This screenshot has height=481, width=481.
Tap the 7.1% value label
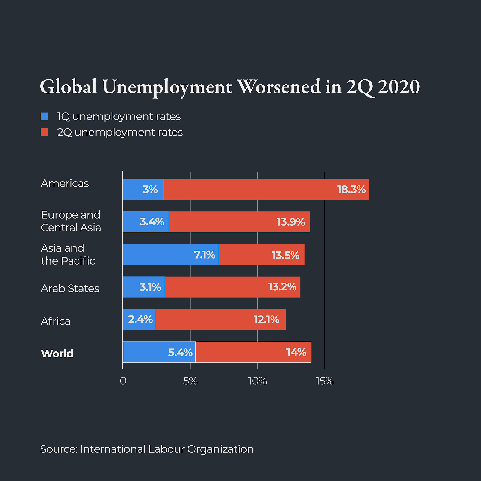coord(204,255)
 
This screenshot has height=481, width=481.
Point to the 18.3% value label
coord(351,190)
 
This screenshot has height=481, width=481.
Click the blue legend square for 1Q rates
coord(44,116)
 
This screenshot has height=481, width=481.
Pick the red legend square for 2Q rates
coord(44,132)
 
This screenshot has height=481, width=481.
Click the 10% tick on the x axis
coord(257,381)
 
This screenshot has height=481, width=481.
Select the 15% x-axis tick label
coord(325,381)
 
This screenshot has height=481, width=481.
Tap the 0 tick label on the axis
coord(123,381)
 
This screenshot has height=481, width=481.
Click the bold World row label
coord(57,354)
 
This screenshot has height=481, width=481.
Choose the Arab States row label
coord(70,288)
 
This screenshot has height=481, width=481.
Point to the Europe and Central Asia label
coord(71,221)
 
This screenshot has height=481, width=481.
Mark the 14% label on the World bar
coord(296,352)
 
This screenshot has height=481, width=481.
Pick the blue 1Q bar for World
coord(144,352)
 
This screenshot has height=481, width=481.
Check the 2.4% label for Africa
coord(140,319)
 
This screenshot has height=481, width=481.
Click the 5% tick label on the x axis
coord(190,381)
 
